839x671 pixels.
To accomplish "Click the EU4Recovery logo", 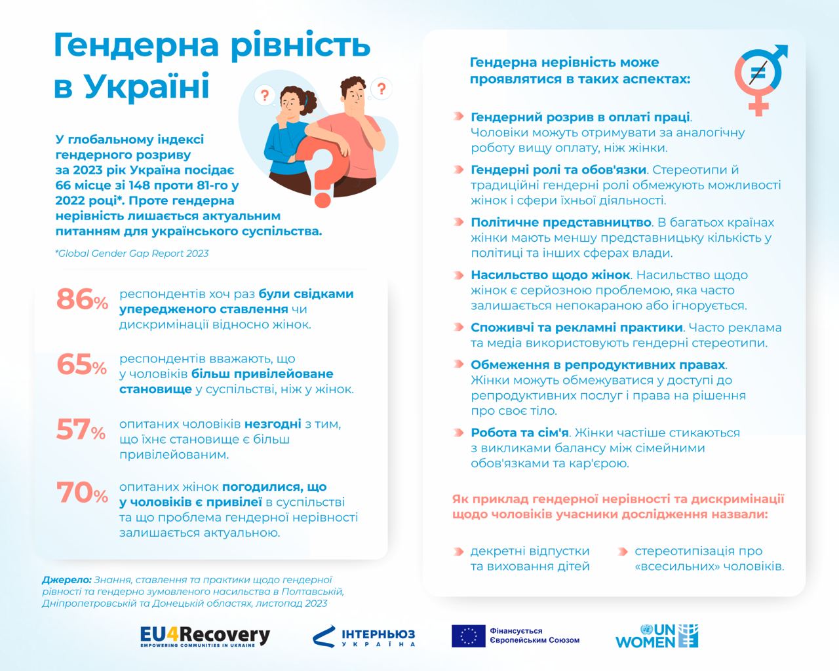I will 205,636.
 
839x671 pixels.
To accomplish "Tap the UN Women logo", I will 657,636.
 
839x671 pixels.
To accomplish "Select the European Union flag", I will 468,636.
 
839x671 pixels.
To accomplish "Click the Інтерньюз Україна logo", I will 364,636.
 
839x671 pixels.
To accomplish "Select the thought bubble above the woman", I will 265,96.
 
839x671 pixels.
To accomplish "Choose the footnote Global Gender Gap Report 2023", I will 132,253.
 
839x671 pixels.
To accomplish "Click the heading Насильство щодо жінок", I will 551,275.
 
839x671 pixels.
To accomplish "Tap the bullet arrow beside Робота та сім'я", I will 458,432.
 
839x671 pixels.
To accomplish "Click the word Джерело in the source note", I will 66,580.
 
